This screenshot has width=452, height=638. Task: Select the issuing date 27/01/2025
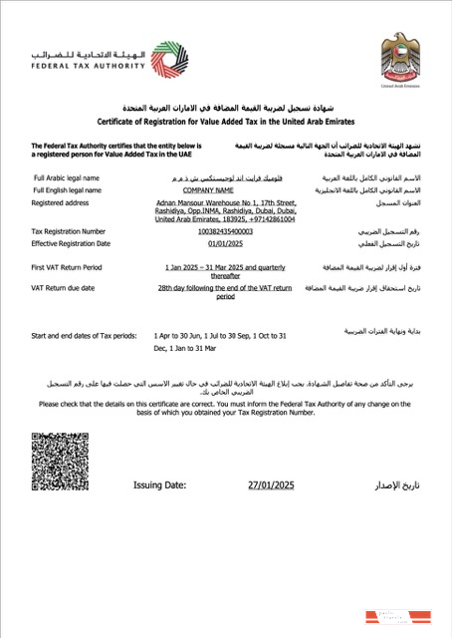[272, 485]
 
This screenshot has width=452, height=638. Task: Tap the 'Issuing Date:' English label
[159, 485]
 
